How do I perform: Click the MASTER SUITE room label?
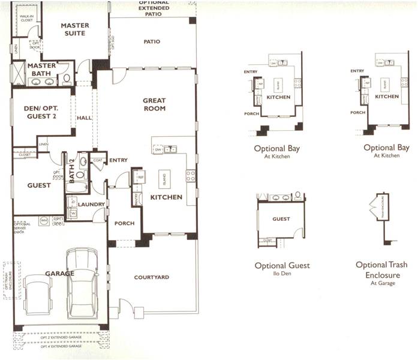coord(76,29)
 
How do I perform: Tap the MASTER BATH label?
coord(41,70)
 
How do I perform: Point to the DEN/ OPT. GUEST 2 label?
coord(41,112)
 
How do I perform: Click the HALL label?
coord(84,118)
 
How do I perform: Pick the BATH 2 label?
coord(71,170)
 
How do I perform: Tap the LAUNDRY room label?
coord(91,204)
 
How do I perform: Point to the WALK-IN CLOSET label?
coord(26,18)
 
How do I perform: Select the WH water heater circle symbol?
coord(44,221)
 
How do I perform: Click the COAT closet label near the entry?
coord(97,160)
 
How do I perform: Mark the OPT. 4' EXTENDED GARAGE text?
coord(61,346)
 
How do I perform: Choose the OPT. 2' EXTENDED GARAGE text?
coord(61,338)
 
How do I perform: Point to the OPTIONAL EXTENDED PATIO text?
coord(154,7)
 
